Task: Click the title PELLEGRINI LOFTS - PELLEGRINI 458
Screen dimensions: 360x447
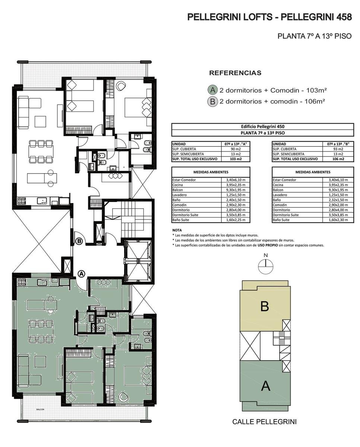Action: pyautogui.click(x=269, y=17)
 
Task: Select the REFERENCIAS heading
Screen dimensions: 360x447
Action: pyautogui.click(x=235, y=73)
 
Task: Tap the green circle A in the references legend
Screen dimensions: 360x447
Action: pyautogui.click(x=212, y=90)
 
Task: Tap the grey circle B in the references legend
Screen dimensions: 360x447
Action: pyautogui.click(x=212, y=102)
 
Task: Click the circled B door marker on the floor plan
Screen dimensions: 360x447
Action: pyautogui.click(x=79, y=241)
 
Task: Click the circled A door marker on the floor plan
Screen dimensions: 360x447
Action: pyautogui.click(x=82, y=274)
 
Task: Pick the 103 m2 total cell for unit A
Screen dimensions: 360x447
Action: pyautogui.click(x=236, y=159)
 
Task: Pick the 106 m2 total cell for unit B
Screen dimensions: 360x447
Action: pyautogui.click(x=338, y=159)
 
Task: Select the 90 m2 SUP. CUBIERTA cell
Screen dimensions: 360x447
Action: pyautogui.click(x=236, y=149)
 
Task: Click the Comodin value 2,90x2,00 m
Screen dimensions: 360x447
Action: pyautogui.click(x=338, y=205)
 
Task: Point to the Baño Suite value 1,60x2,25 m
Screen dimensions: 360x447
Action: pyautogui.click(x=236, y=220)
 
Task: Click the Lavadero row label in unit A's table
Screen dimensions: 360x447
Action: pyautogui.click(x=179, y=195)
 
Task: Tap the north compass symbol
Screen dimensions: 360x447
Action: pyautogui.click(x=266, y=266)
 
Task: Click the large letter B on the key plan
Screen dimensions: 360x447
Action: pyautogui.click(x=265, y=306)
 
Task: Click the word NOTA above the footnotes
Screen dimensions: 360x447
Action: pyautogui.click(x=177, y=230)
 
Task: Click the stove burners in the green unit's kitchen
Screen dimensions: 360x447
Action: pyautogui.click(x=22, y=282)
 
